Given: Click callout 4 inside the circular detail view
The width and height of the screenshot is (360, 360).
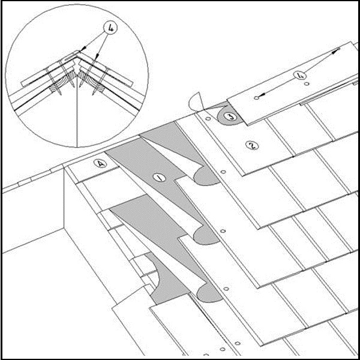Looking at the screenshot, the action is coord(110,28).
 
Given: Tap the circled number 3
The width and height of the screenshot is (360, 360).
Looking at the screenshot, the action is coord(230,116).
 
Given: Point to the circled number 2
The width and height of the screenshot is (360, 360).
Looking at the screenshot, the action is coord(252,145).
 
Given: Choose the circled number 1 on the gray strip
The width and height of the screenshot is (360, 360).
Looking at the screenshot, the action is coord(160,178).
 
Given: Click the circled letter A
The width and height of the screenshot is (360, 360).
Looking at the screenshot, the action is coord(100,163).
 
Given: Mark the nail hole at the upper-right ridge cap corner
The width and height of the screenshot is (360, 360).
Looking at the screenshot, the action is coord(338,49).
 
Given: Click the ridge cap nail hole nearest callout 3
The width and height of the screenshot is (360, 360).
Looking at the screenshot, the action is coord(257,98).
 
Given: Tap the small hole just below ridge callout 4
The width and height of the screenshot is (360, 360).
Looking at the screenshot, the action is coord(307,84).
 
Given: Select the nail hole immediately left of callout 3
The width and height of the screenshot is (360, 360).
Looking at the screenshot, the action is coord(208,119).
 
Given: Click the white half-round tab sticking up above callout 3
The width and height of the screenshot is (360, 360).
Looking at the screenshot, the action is coord(196,102).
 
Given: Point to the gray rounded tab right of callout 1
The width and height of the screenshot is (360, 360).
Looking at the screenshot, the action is coord(206,176).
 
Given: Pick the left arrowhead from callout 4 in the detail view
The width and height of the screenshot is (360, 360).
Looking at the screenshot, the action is coord(83,49).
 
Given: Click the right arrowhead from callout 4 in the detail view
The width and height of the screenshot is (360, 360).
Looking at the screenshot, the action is coord(97,56).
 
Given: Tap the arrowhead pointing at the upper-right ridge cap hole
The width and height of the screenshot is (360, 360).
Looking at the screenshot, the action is coord(335,51).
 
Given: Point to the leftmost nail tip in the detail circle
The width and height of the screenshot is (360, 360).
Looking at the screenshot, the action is coord(61,94).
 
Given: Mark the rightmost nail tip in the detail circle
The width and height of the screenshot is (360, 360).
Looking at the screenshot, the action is coord(94,94).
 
